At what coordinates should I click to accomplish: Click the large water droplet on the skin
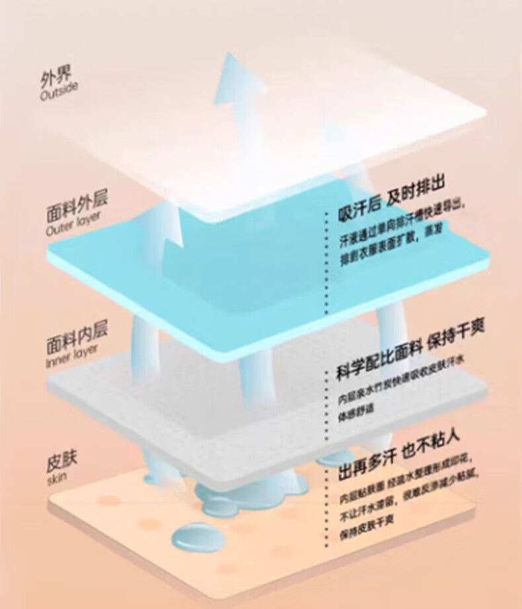pos(194,534)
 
